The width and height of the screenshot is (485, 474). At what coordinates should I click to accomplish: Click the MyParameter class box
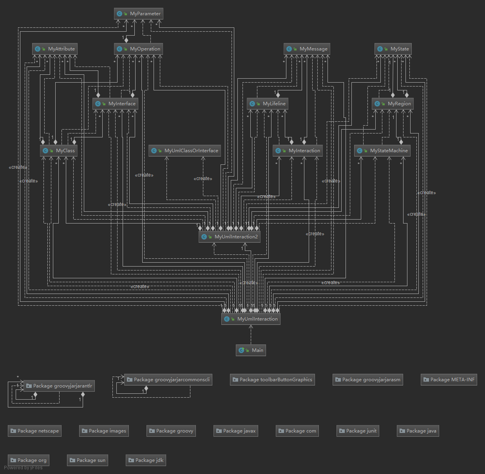point(139,14)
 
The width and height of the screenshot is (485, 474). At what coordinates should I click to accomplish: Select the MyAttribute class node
point(55,49)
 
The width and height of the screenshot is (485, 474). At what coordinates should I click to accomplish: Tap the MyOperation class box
point(138,49)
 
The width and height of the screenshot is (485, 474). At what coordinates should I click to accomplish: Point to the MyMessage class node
point(307,49)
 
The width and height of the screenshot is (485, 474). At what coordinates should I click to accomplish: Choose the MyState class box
point(393,49)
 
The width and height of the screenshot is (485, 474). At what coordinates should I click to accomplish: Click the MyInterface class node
point(116,104)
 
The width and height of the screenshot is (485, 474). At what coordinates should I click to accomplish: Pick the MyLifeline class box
point(268,104)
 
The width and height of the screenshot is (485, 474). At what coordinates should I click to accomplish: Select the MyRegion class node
point(393,104)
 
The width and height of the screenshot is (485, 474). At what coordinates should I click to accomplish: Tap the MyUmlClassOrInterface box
point(185,151)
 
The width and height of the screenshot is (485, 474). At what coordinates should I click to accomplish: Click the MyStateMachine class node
point(382,151)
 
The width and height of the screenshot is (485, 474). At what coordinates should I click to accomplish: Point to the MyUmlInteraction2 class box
point(230,237)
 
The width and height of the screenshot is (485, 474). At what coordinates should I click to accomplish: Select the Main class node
point(251,350)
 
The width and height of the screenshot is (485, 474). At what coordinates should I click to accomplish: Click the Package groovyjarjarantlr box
point(59,386)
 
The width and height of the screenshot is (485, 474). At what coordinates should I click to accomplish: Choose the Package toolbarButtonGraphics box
point(272,380)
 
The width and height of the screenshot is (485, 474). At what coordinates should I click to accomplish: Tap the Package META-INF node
point(449,380)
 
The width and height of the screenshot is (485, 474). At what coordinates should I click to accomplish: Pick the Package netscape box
point(34,431)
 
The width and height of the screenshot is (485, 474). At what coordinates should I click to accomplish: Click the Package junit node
point(358,431)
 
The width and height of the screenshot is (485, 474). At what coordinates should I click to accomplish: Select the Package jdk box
point(146,460)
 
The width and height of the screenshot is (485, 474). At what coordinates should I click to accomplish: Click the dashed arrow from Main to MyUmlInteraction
point(251,335)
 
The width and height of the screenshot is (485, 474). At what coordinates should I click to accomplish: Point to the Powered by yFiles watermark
point(24,468)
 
